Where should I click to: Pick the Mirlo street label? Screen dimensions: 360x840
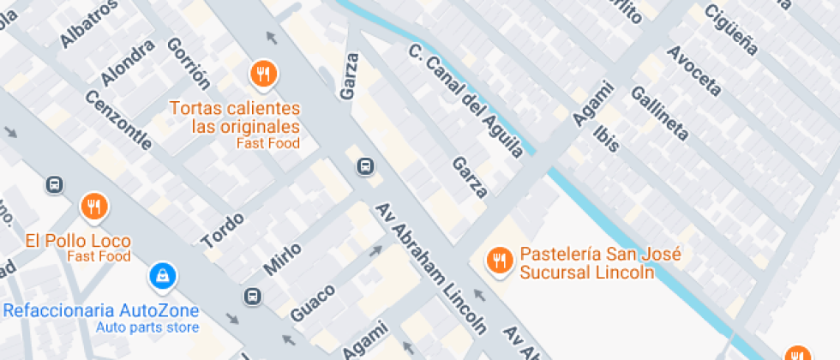coord(282,259)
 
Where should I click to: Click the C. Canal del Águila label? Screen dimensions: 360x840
coord(465,102)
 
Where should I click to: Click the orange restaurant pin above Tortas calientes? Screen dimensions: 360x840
coord(263,74)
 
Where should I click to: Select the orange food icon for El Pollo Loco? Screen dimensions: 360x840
coord(93,207)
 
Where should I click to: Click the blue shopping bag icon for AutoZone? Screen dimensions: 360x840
coord(160,275)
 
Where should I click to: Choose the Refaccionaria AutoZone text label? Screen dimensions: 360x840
coord(101,310)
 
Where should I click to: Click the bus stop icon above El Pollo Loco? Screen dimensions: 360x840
coord(55,184)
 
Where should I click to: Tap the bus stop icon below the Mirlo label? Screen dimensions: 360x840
coord(252,297)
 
